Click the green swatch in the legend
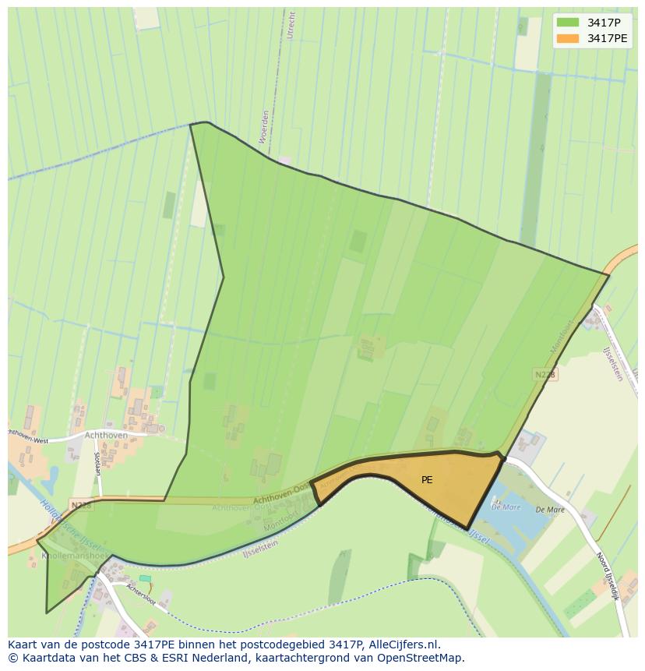point(568,23)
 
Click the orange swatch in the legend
point(568,38)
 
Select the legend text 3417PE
point(607,38)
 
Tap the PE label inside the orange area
point(427,480)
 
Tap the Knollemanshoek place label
point(65,556)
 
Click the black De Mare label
point(550,510)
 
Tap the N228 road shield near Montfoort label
point(545,375)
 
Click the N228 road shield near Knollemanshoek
point(80,505)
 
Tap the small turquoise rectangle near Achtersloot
point(145,577)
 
